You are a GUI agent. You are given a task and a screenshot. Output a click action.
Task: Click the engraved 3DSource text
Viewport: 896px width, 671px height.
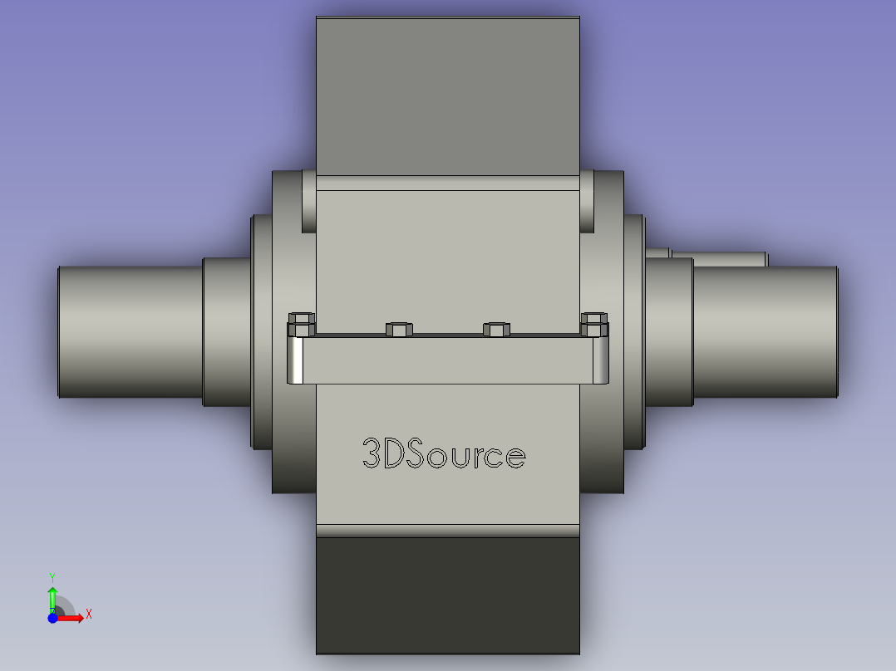(x=444, y=453)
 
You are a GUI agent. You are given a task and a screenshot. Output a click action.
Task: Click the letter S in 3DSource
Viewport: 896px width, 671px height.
(x=416, y=453)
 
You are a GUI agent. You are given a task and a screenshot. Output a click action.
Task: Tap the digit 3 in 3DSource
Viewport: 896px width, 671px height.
(x=371, y=453)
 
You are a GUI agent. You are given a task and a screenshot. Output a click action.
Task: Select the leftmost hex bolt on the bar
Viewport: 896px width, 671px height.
(x=302, y=325)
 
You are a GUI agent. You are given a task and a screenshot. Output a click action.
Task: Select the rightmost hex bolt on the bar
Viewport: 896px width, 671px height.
(x=594, y=325)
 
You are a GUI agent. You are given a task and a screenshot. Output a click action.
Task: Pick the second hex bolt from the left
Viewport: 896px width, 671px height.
(x=399, y=330)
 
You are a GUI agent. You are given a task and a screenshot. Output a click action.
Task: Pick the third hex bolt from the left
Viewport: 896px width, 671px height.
(x=496, y=330)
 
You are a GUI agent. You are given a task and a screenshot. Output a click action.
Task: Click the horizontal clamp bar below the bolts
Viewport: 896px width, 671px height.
(x=448, y=360)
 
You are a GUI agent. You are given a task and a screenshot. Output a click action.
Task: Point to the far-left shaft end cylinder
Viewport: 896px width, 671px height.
(x=130, y=332)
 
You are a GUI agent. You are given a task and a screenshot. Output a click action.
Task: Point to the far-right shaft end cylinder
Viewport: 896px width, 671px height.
(x=766, y=332)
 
